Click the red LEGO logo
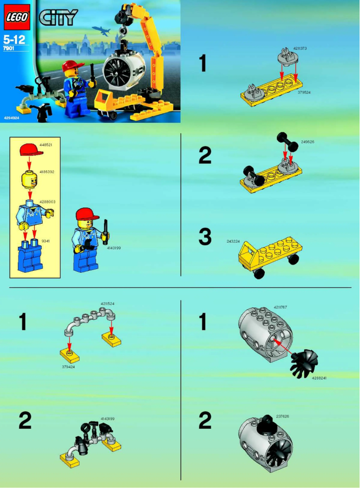coord(17,17)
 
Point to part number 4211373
coord(300,48)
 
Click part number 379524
coord(304,92)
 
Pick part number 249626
coord(307,142)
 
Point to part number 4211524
coord(108,304)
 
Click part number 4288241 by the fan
coord(319,378)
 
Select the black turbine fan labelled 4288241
coord(304,363)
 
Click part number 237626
coord(283,416)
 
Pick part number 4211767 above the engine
coord(281,307)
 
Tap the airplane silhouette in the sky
coord(101,30)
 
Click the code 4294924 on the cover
coord(11,118)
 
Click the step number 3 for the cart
coord(205,237)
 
